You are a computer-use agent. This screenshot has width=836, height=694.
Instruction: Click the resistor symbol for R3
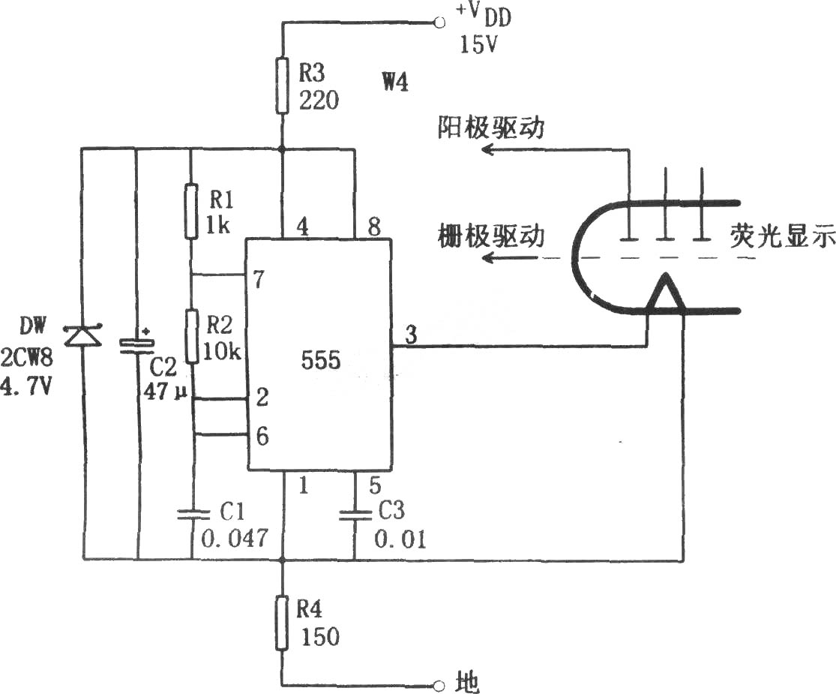[x=283, y=86]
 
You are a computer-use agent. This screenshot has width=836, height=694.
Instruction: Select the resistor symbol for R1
[x=192, y=211]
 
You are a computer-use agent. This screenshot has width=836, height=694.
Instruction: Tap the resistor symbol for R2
[x=193, y=336]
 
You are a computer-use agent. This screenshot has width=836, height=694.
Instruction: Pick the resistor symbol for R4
[x=283, y=623]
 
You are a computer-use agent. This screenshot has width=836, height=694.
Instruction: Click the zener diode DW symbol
[x=82, y=336]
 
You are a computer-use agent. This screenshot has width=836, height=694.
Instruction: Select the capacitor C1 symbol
[x=193, y=514]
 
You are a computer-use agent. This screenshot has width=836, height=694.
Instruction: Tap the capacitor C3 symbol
[x=355, y=514]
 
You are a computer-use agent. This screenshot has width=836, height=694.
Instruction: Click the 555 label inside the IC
[x=320, y=360]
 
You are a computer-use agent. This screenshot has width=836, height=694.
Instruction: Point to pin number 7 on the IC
[x=259, y=279]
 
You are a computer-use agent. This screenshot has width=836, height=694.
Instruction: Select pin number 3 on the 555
[x=411, y=335]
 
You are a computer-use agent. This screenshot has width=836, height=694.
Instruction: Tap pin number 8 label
[x=374, y=227]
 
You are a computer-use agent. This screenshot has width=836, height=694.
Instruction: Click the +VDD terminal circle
[x=439, y=23]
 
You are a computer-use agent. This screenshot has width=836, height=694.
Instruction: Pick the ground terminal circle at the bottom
[x=439, y=684]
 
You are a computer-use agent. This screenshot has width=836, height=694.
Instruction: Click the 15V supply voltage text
[x=478, y=45]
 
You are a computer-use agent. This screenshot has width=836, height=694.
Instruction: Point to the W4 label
[x=395, y=83]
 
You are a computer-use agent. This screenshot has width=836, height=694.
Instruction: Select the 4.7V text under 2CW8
[x=26, y=385]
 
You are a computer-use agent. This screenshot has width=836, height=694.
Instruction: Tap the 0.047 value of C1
[x=235, y=538]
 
